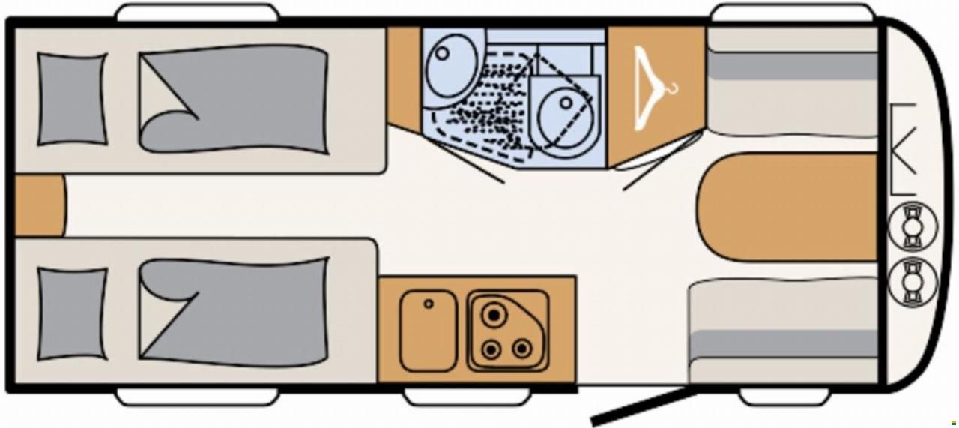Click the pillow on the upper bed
pyautogui.click(x=73, y=98)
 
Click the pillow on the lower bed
pyautogui.click(x=73, y=313)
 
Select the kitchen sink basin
pyautogui.click(x=428, y=331)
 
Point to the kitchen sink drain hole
pyautogui.click(x=429, y=304)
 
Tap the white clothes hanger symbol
pyautogui.click(x=653, y=88)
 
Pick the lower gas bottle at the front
pyautogui.click(x=912, y=281)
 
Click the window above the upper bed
pyautogui.click(x=197, y=13)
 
